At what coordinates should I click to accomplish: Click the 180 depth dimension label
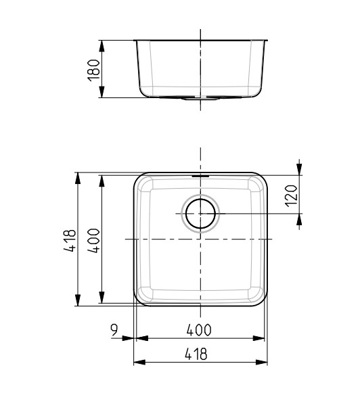tap(94, 69)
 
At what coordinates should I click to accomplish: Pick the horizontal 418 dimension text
tap(199, 354)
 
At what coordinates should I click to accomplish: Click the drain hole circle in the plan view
tap(200, 213)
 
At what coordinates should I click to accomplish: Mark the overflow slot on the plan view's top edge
tap(200, 175)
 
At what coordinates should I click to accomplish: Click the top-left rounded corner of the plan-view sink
tap(141, 180)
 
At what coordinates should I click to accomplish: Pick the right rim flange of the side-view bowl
tap(266, 40)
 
